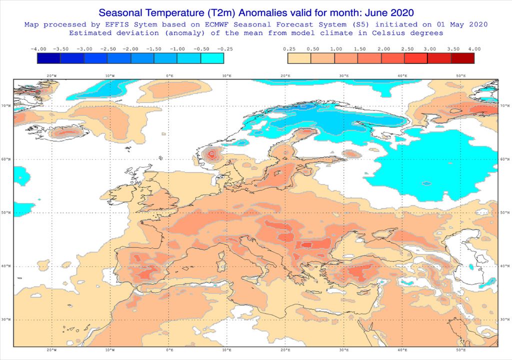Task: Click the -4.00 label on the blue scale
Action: pos(38,49)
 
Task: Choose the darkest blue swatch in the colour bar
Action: pos(48,58)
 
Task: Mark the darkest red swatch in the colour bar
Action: pos(462,58)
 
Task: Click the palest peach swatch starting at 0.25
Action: pos(299,58)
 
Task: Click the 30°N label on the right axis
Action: pos(504,319)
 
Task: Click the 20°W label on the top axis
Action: pos(51,75)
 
